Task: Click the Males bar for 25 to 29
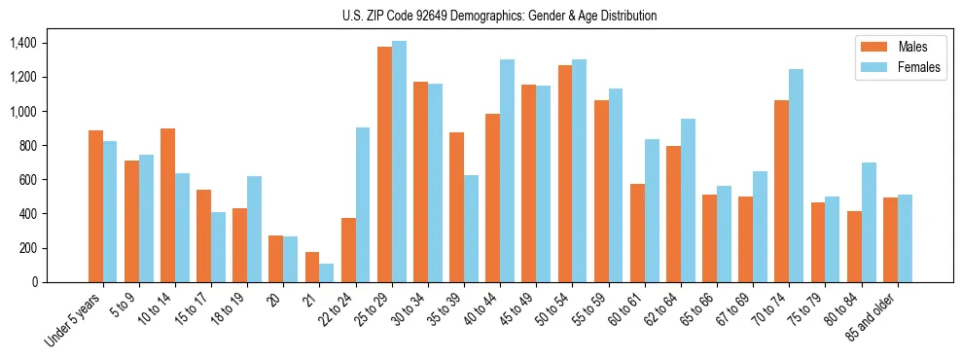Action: click(x=384, y=164)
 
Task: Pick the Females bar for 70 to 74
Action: click(x=796, y=175)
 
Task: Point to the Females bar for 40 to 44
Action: click(x=507, y=170)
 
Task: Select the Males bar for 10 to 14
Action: click(x=167, y=205)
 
